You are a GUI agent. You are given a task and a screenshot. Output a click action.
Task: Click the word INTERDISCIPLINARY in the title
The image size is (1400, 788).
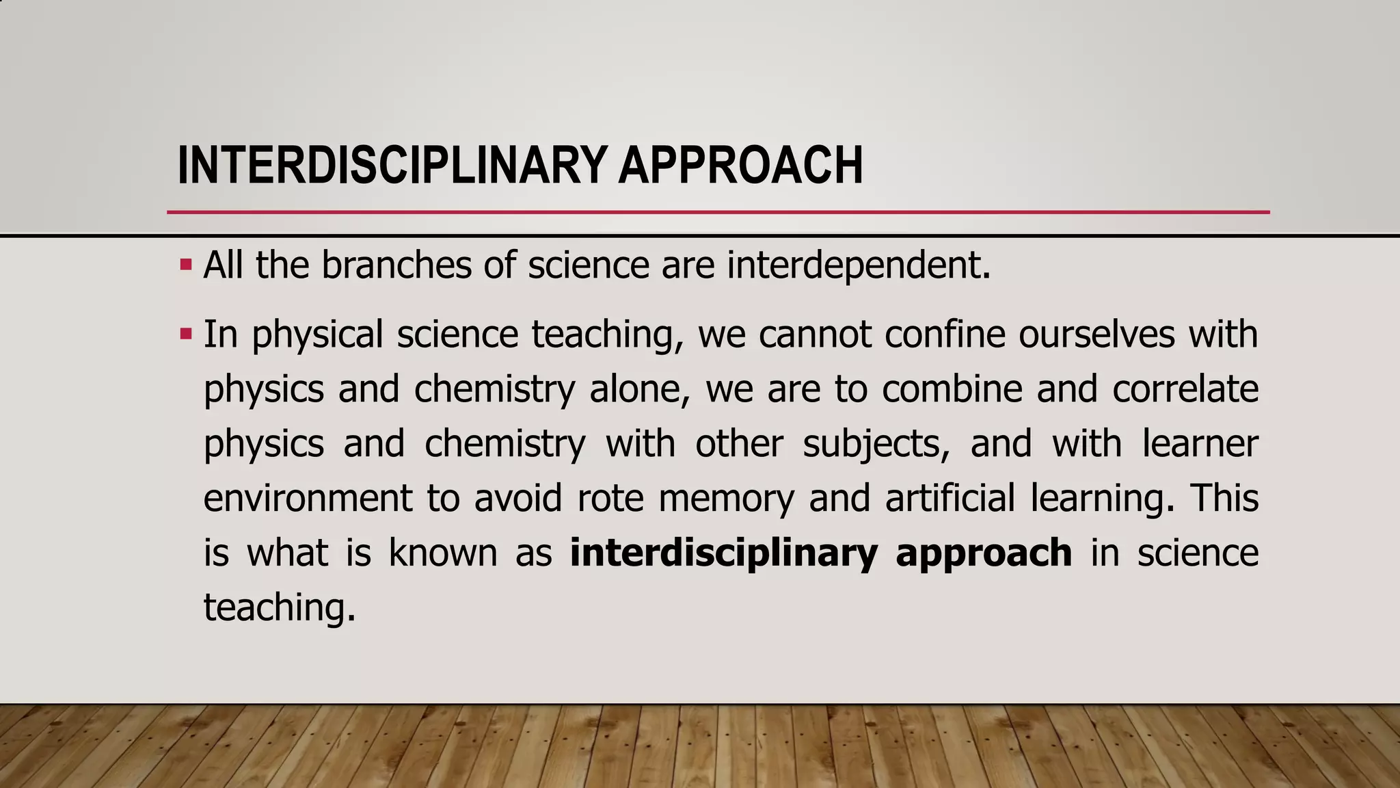click(392, 166)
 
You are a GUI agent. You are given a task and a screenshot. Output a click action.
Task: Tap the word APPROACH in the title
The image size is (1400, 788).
click(740, 166)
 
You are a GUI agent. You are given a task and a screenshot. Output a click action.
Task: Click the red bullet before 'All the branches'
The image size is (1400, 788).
click(185, 265)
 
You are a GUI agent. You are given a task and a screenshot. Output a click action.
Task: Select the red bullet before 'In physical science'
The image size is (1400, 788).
click(185, 334)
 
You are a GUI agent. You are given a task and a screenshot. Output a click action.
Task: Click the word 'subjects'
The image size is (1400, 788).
click(876, 444)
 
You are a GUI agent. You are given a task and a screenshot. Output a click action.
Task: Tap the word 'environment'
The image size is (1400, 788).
click(308, 498)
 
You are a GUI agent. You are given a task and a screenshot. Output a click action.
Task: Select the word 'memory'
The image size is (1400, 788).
click(726, 499)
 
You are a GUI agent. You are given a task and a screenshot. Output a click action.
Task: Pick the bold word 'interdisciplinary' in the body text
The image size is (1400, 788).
click(723, 553)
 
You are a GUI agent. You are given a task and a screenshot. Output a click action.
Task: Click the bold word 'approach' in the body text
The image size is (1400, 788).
click(983, 554)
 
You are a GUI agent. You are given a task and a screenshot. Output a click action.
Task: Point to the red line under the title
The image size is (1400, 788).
click(718, 212)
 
